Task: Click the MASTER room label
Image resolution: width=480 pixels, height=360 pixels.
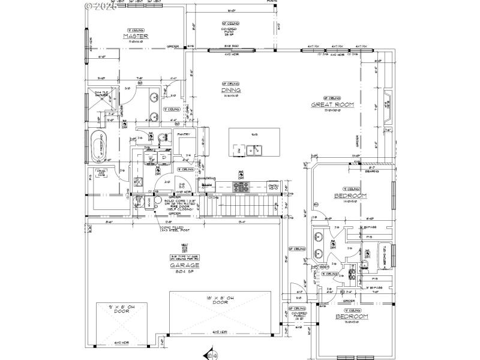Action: coord(136,36)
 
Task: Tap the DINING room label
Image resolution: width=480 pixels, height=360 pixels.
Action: coord(231,90)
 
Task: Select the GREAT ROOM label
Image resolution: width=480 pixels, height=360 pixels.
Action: coord(332,104)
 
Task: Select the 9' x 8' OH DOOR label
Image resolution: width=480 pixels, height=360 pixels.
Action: coord(122,310)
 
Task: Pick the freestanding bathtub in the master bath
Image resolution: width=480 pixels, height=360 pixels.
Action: coord(98,147)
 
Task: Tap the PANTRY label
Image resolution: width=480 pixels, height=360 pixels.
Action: coord(184,134)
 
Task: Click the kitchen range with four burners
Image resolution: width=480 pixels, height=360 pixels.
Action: coord(241,187)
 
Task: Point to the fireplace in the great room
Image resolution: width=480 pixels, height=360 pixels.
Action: coord(386,108)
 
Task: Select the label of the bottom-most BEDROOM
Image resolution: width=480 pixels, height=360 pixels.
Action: coord(352,316)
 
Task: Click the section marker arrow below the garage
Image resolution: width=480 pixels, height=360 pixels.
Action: coord(208,352)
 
